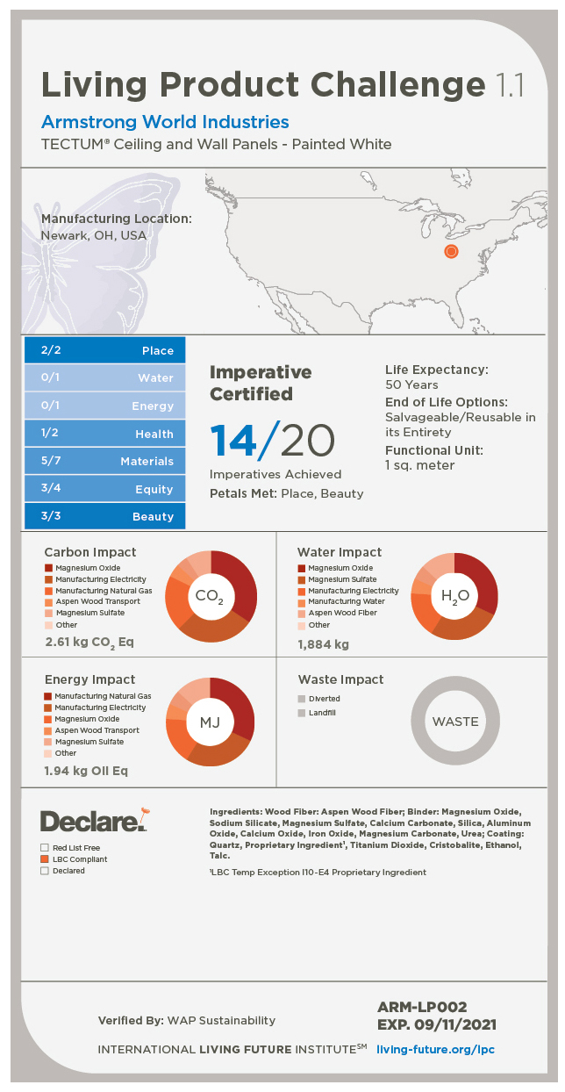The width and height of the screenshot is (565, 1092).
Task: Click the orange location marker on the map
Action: (x=451, y=252)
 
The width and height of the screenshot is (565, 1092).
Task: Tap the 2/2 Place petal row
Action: (x=104, y=350)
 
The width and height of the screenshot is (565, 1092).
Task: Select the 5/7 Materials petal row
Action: (x=104, y=461)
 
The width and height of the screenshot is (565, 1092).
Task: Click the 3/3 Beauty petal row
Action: (x=104, y=516)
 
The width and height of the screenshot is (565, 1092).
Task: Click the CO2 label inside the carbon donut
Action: (x=210, y=597)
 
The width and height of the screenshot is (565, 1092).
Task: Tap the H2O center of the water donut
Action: (x=454, y=597)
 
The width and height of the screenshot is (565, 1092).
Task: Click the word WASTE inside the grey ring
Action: (x=455, y=722)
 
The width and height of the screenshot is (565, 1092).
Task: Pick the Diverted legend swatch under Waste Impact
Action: (x=302, y=699)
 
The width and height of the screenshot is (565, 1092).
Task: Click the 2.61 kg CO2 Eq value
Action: (x=89, y=643)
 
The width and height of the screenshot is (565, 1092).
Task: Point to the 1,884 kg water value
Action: (x=323, y=644)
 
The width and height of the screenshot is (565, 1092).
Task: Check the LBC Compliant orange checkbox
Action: (x=45, y=859)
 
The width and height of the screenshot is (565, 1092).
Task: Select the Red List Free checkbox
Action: (x=45, y=848)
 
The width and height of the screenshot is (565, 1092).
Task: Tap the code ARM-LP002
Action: (x=422, y=1007)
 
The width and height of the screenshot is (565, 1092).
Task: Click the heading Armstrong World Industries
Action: (x=165, y=122)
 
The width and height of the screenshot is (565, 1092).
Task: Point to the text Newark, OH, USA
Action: (x=94, y=235)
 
